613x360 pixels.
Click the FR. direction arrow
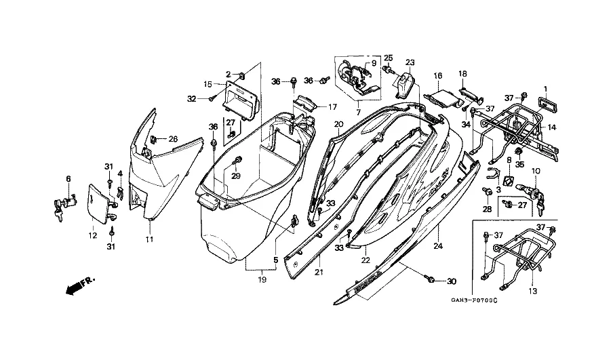(x=79, y=285)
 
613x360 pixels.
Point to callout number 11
(x=150, y=240)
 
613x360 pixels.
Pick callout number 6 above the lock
(x=68, y=178)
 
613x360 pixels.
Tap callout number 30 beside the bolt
(x=452, y=281)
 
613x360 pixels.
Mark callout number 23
(x=409, y=62)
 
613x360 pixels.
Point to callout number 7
(x=358, y=112)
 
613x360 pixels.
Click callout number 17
(x=332, y=107)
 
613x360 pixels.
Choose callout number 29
(x=237, y=176)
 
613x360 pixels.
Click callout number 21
(x=318, y=272)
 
